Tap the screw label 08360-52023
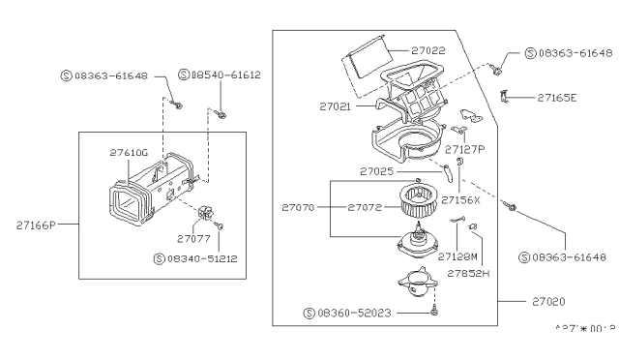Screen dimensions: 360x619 point(361,314)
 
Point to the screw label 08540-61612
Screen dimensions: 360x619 point(225,75)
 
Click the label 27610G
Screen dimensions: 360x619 point(129,152)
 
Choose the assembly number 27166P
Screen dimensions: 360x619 point(37,225)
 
